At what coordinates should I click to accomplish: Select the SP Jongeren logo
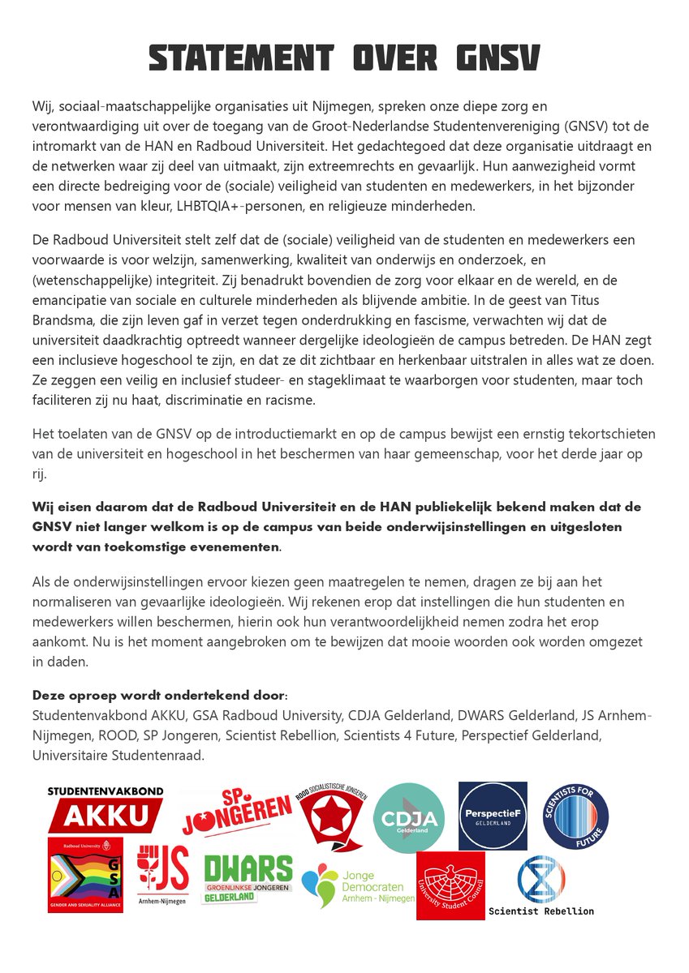click(x=236, y=812)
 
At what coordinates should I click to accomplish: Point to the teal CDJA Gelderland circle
click(x=409, y=817)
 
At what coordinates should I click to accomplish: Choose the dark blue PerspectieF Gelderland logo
click(x=492, y=816)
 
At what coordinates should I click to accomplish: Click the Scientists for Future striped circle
click(x=575, y=816)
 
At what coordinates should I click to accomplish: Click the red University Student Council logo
click(x=450, y=885)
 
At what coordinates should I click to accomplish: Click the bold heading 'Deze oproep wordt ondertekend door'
click(x=159, y=697)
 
